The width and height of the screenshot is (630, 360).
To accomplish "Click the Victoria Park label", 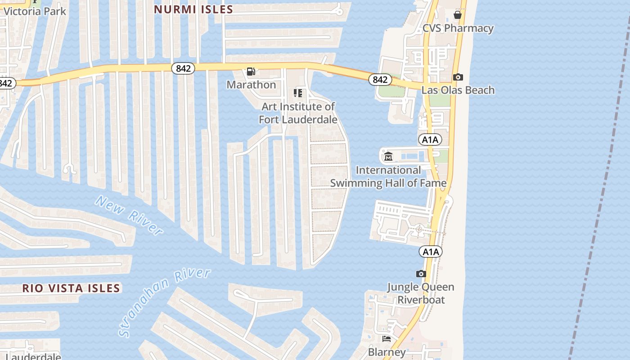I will [35, 11].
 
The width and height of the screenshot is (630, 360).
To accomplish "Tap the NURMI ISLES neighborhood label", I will [193, 9].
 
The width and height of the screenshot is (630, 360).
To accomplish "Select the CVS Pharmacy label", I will [458, 28].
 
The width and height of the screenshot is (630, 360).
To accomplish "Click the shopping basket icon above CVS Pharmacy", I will [458, 15].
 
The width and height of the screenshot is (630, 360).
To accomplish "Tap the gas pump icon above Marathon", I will [251, 72].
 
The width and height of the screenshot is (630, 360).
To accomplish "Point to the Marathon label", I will [251, 85].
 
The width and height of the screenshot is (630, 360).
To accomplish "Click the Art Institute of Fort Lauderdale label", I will [298, 113].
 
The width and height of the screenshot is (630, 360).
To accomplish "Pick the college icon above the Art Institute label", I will [297, 93].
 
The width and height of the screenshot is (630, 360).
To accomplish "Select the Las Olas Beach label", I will [458, 90].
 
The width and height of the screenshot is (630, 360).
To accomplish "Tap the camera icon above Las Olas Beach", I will [458, 77].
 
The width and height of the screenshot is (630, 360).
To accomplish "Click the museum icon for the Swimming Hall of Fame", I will [388, 157].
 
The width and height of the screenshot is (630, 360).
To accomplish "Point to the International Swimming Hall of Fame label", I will [388, 176].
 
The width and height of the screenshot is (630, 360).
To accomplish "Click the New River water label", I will [129, 216].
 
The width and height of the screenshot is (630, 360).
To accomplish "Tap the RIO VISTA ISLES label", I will [71, 288].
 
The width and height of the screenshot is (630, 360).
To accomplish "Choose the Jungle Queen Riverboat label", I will [421, 293].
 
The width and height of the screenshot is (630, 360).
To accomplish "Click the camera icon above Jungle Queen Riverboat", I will [421, 274].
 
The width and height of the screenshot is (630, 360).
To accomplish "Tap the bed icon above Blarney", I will [387, 338].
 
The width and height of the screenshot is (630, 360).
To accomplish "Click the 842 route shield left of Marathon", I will [183, 68].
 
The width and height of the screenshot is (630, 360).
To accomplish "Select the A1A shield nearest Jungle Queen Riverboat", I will [430, 252].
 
